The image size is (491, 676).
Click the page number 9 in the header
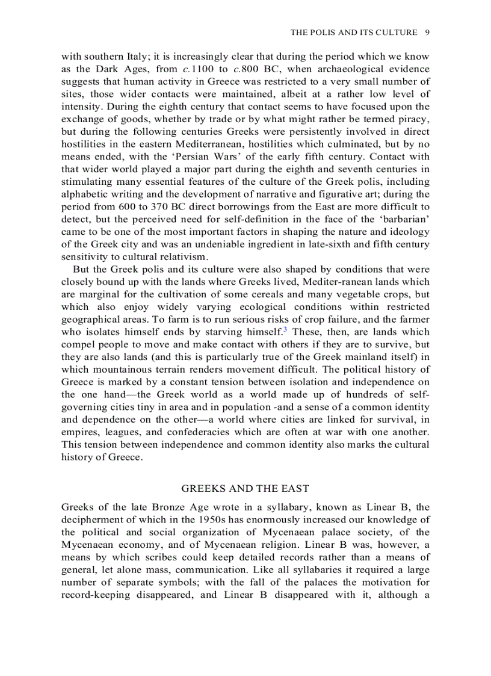(427, 33)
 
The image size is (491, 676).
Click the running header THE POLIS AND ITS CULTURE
(354, 33)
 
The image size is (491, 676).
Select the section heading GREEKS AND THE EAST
(245, 488)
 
